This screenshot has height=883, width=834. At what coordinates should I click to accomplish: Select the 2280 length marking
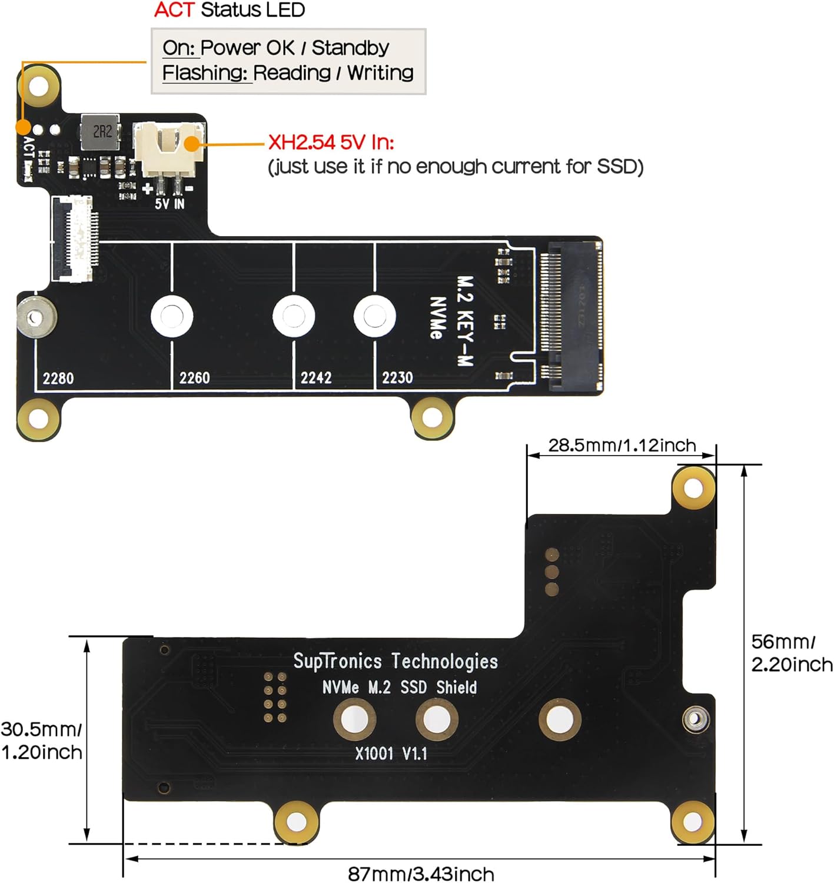coord(58,377)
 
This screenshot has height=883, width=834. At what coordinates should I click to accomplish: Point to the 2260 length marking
coord(194,377)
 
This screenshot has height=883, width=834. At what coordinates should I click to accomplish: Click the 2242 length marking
coord(316,377)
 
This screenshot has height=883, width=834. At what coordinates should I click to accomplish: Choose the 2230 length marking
coord(397,377)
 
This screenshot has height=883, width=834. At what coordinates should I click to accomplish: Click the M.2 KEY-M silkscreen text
coord(465,320)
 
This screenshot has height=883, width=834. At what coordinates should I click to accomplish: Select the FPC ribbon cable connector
coord(74,238)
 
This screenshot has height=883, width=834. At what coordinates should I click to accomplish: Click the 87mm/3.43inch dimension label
coord(421,874)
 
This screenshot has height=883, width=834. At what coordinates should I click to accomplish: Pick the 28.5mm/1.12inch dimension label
coord(622,446)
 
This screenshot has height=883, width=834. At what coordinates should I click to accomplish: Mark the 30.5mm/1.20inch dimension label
coord(41,741)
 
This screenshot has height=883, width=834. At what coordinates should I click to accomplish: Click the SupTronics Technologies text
coord(396,661)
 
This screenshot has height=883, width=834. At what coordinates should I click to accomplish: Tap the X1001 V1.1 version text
coord(391,753)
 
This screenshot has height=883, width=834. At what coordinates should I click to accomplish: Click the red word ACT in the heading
coord(174,10)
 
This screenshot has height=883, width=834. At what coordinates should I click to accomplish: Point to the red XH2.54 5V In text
coord(331,142)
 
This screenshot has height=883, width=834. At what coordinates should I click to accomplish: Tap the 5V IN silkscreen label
coord(170,204)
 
